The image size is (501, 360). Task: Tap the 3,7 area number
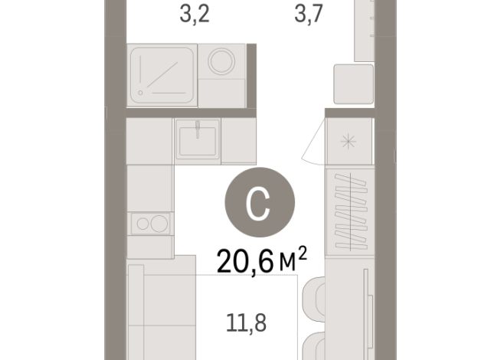[x=311, y=15]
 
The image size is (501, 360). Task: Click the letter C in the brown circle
[x=260, y=204]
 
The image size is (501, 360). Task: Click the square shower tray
[x=162, y=74]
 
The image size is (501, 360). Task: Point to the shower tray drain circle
[x=141, y=93]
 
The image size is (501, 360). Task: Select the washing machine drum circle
[x=223, y=61]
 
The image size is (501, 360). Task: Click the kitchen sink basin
[x=198, y=141]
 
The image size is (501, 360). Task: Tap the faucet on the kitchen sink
[x=197, y=126]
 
